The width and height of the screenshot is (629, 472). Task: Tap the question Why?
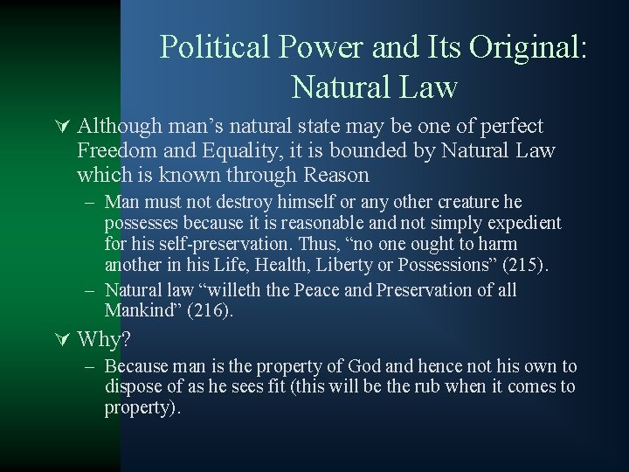(102, 339)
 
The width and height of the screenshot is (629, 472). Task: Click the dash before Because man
(90, 366)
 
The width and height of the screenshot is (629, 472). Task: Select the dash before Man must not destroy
(90, 202)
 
